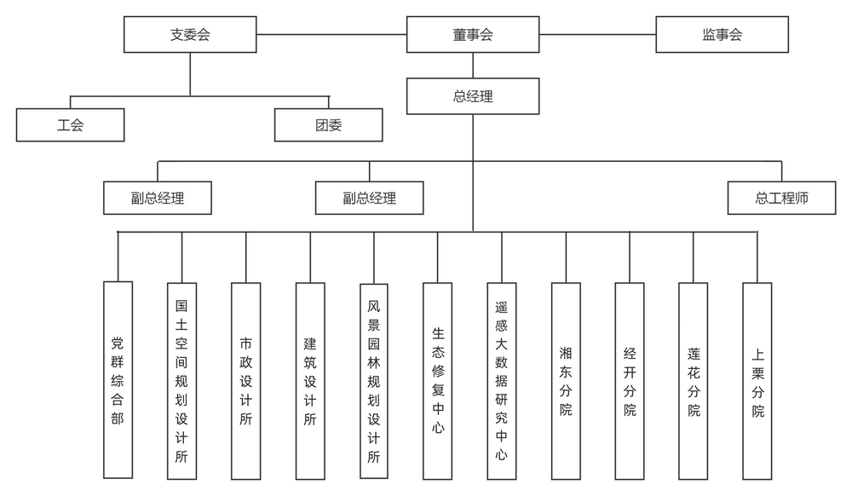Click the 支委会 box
(190, 35)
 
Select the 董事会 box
(473, 35)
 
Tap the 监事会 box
(722, 35)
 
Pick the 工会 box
(71, 125)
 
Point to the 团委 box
(328, 125)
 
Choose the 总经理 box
(473, 96)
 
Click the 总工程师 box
(781, 199)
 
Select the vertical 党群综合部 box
(118, 380)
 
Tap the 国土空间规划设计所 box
(181, 380)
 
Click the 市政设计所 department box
(246, 380)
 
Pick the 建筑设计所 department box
(310, 380)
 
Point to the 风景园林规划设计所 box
(374, 380)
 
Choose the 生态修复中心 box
(438, 380)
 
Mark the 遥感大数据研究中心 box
(502, 380)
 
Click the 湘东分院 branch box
(566, 380)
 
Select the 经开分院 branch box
(630, 380)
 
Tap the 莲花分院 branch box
(694, 380)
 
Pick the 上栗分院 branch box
(757, 380)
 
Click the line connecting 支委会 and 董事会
(331, 35)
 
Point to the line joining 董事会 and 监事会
(597, 35)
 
